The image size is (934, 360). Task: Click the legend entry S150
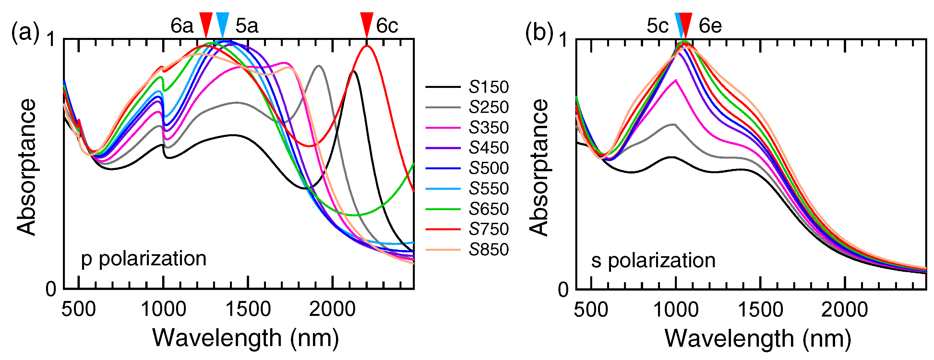pyautogui.click(x=488, y=87)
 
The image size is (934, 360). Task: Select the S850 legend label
pyautogui.click(x=488, y=250)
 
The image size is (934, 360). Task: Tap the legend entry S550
pyautogui.click(x=488, y=188)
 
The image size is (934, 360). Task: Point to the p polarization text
pyautogui.click(x=144, y=259)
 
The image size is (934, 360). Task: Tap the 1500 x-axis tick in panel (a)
pyautogui.click(x=248, y=309)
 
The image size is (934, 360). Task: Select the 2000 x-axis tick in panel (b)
pyautogui.click(x=844, y=309)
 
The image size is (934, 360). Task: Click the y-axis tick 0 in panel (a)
pyautogui.click(x=51, y=289)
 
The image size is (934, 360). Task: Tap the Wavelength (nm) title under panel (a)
pyautogui.click(x=245, y=338)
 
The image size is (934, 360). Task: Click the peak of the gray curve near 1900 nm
pyautogui.click(x=319, y=66)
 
